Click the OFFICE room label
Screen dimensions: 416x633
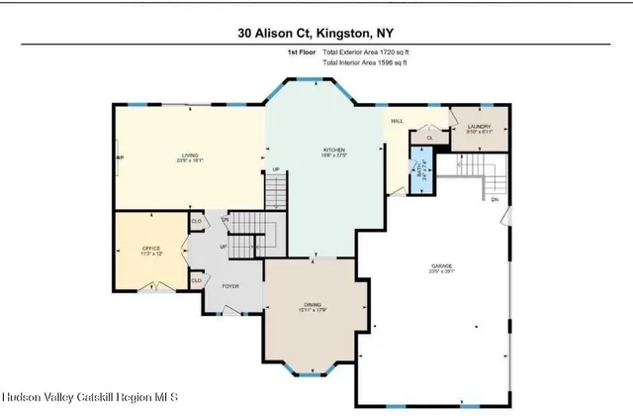150,249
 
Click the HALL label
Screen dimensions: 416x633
397,121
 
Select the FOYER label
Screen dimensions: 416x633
229,286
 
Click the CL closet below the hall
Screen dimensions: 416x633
429,138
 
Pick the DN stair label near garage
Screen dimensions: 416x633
495,200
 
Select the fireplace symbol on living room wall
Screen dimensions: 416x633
117,158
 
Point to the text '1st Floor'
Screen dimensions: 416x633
302,52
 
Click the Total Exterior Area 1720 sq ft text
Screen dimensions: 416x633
365,52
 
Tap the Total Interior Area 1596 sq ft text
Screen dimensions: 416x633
365,62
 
